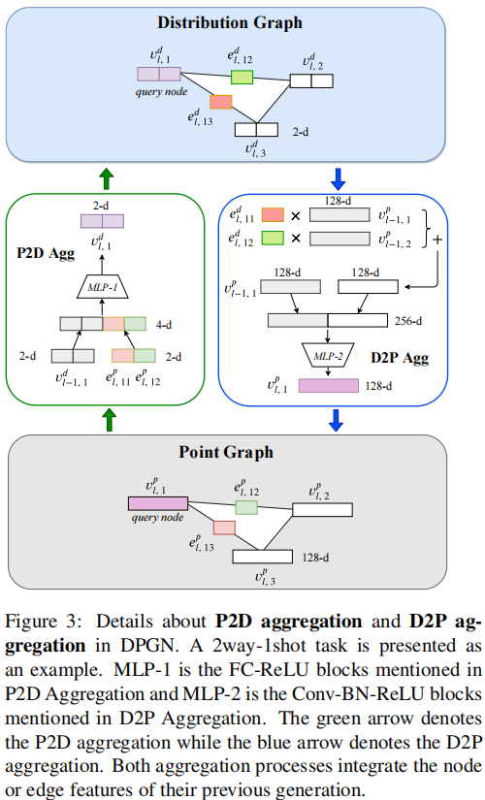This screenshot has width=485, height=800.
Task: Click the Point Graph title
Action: tap(240, 452)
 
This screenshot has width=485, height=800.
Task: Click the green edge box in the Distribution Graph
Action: tap(242, 77)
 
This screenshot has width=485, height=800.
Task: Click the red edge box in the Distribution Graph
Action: tap(221, 101)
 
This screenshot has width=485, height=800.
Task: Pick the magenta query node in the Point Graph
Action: tap(156, 502)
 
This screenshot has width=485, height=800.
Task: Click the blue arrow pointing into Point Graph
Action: tap(338, 419)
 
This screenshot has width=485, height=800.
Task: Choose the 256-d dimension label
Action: tap(410, 319)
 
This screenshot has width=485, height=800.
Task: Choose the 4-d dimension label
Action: tap(165, 324)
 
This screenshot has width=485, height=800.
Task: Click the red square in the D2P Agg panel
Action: tap(271, 215)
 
